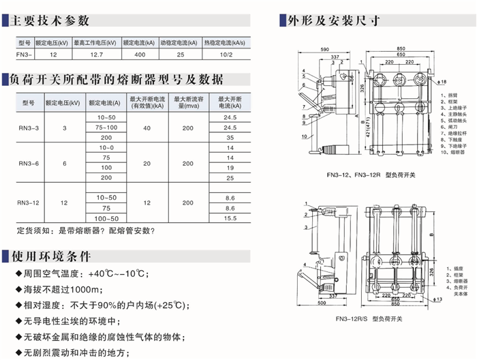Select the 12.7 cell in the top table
click(x=97, y=53)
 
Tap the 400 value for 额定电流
click(x=140, y=53)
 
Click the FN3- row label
click(x=23, y=53)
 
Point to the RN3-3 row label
click(x=29, y=127)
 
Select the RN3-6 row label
click(x=29, y=164)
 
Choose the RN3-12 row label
click(x=29, y=202)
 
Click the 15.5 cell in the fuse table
click(x=230, y=218)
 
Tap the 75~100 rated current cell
click(x=106, y=127)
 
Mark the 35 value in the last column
click(x=230, y=137)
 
